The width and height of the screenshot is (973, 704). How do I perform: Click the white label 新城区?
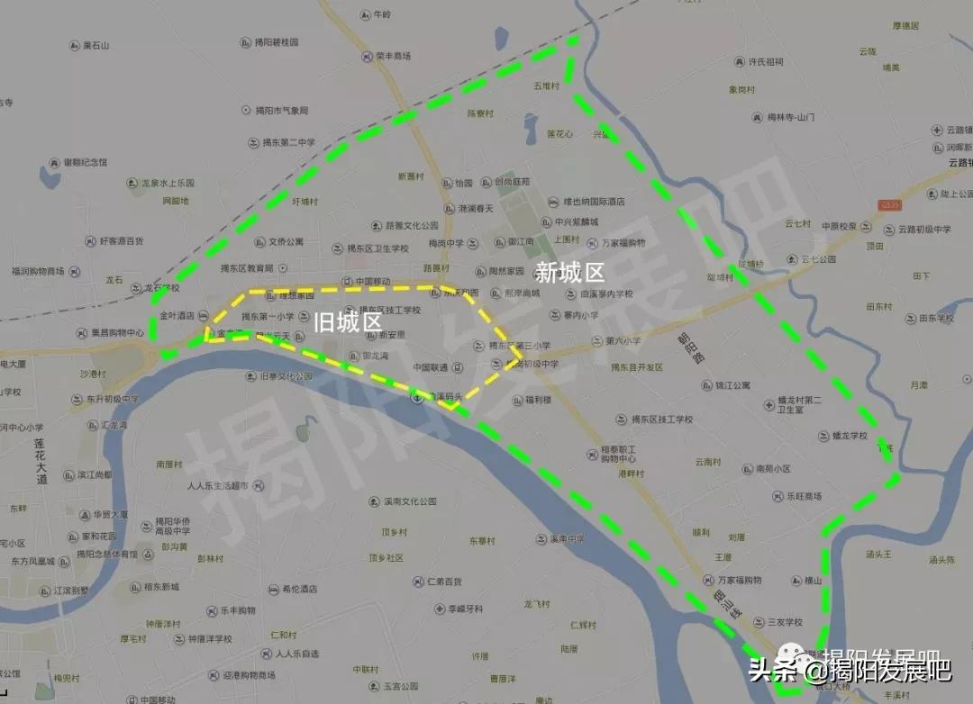tap(569, 273)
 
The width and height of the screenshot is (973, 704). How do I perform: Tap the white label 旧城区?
tap(348, 320)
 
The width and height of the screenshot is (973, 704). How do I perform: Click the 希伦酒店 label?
tap(295, 589)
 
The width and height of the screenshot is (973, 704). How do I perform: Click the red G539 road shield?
tap(891, 205)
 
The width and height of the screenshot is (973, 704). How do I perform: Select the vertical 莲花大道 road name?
tap(41, 462)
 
